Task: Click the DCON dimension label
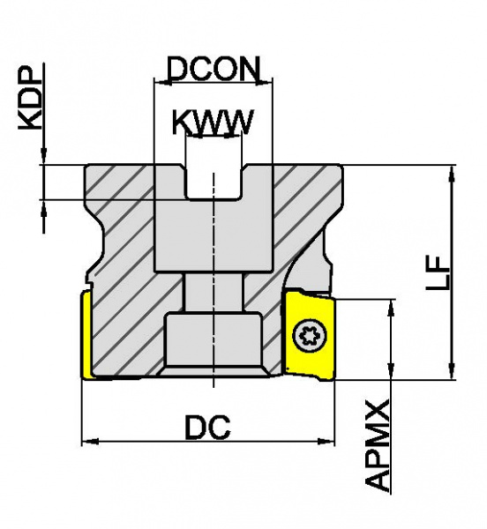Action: tap(214, 69)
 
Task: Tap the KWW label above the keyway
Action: tap(213, 123)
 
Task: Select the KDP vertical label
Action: tap(31, 98)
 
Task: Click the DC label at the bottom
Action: tap(208, 427)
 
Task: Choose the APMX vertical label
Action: tap(378, 446)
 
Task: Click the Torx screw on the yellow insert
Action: tap(311, 337)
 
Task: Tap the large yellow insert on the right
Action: tap(310, 335)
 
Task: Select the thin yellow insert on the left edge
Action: tap(86, 335)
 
